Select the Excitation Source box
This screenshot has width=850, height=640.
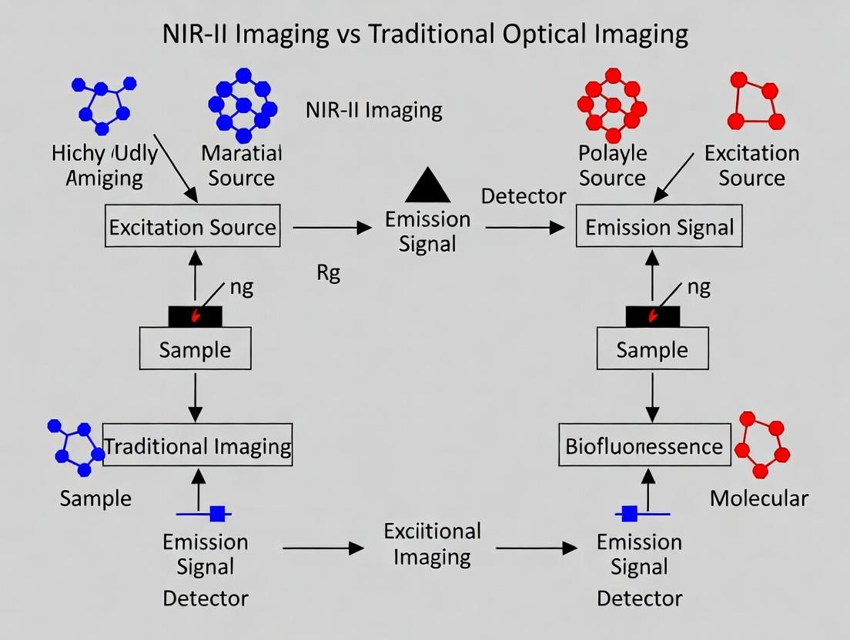tap(192, 228)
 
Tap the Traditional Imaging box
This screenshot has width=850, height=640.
tap(198, 446)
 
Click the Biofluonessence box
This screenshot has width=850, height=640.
tap(644, 446)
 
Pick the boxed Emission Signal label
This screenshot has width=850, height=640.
tap(660, 228)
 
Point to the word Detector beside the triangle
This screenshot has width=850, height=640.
tap(524, 196)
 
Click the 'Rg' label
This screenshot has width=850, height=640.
tap(328, 274)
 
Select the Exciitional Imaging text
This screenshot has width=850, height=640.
tap(432, 543)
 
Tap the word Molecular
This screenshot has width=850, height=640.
tap(758, 498)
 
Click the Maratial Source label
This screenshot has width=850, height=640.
tap(242, 165)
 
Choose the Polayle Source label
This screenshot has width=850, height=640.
tap(612, 165)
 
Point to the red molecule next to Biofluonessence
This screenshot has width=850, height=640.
tap(762, 445)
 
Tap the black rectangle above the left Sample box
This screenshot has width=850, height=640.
tap(196, 315)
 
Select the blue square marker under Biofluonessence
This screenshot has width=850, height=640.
tap(630, 513)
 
